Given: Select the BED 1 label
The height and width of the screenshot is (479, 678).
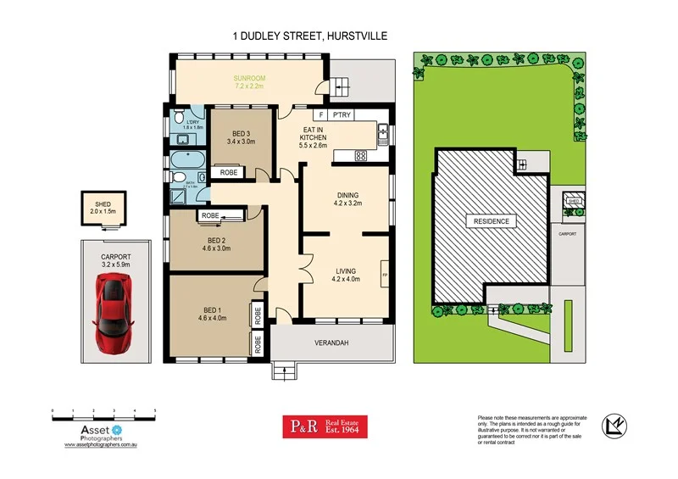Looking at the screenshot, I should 213,314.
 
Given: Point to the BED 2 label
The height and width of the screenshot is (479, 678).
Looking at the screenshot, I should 215,243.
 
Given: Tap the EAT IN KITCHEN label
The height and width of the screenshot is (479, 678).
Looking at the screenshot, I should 314,136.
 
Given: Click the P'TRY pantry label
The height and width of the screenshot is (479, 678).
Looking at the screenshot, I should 342,114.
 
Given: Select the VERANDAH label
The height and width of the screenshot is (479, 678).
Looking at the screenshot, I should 333,343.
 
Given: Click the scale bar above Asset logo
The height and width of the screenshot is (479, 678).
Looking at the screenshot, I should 103,415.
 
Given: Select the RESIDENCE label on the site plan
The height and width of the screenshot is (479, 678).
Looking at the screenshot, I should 491,221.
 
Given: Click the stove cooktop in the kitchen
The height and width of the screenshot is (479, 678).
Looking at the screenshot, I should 360,155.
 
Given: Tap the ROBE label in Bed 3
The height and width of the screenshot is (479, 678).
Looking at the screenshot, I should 228,172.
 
